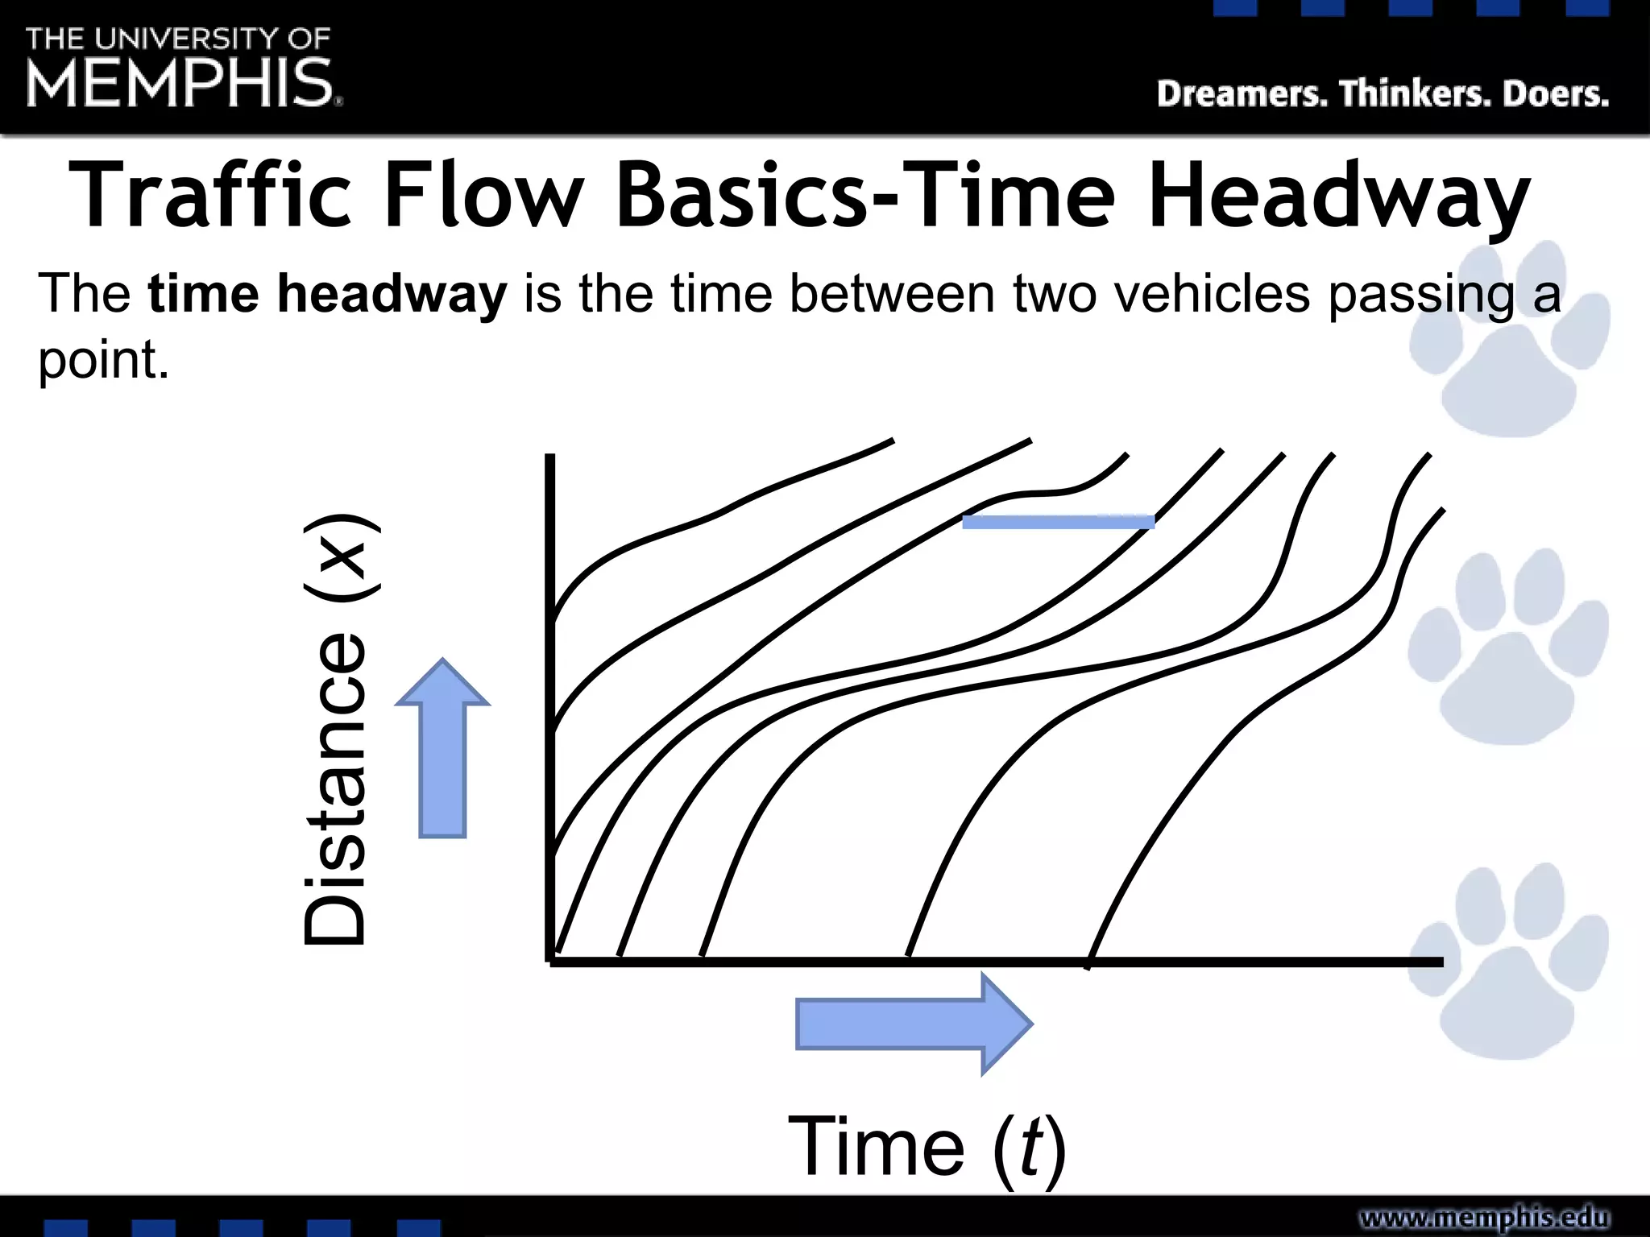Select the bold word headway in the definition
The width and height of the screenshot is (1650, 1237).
[x=392, y=294]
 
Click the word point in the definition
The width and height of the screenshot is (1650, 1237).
[x=103, y=360]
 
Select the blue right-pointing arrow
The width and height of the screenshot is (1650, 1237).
[x=913, y=1024]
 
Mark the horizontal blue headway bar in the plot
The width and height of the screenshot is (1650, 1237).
[x=1058, y=522]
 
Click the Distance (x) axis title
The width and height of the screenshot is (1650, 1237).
[x=336, y=729]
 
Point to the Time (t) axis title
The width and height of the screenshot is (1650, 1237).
[x=927, y=1146]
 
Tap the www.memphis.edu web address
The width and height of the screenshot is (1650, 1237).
[x=1484, y=1217]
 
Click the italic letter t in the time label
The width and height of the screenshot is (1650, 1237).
[x=1031, y=1146]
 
